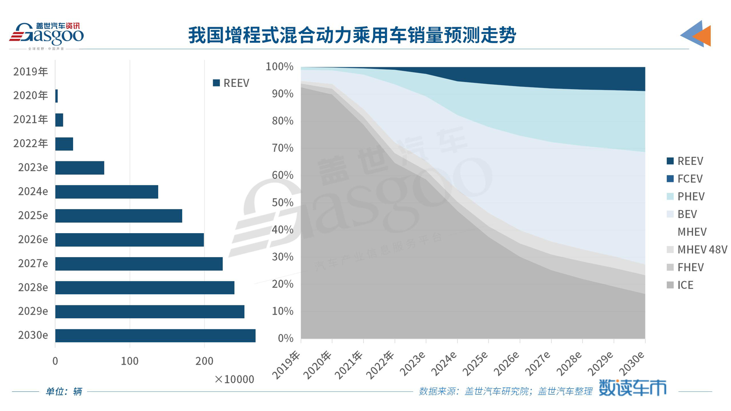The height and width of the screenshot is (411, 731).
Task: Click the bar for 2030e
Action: [155, 336]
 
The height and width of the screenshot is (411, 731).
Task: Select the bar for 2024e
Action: [107, 192]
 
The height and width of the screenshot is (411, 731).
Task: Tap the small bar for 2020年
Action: [57, 96]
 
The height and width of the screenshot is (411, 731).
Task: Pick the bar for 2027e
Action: [139, 263]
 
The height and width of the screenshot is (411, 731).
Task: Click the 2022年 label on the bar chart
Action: [30, 144]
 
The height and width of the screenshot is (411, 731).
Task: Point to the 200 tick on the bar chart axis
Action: [204, 361]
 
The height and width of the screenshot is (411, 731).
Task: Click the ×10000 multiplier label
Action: [234, 379]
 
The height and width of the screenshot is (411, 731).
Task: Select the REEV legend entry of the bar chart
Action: [231, 83]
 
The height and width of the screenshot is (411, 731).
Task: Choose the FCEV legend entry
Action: [685, 179]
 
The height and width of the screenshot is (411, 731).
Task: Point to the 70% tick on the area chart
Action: [282, 148]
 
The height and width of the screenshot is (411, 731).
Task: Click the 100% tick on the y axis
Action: [279, 67]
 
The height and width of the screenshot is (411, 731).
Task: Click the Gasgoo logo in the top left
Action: [46, 35]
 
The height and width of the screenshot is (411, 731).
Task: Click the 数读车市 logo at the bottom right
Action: [632, 388]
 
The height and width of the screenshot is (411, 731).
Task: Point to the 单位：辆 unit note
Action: [64, 391]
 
